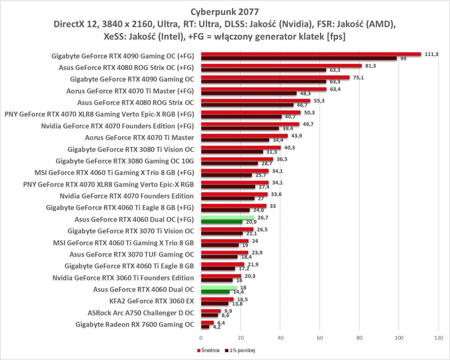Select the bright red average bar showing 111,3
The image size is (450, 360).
pyautogui.click(x=311, y=54)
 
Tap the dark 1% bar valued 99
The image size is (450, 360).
pyautogui.click(x=299, y=58)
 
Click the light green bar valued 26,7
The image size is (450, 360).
pyautogui.click(x=227, y=217)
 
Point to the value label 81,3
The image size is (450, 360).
pyautogui.click(x=370, y=65)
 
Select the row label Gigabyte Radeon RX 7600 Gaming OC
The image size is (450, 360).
pyautogui.click(x=135, y=324)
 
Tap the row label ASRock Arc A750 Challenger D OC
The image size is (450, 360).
pyautogui.click(x=141, y=313)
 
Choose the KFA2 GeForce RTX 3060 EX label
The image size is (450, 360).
pyautogui.click(x=151, y=301)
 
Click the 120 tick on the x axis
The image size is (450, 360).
pyautogui.click(x=438, y=338)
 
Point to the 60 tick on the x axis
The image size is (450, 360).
pyautogui.click(x=319, y=338)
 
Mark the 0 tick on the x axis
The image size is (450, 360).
pyautogui.click(x=201, y=338)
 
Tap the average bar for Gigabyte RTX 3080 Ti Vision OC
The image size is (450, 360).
pyautogui.click(x=241, y=147)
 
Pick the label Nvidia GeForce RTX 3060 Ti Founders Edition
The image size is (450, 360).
pyautogui.click(x=123, y=278)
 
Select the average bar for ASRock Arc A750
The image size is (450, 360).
pyautogui.click(x=211, y=311)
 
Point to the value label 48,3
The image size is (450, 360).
pyautogui.click(x=305, y=93)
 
